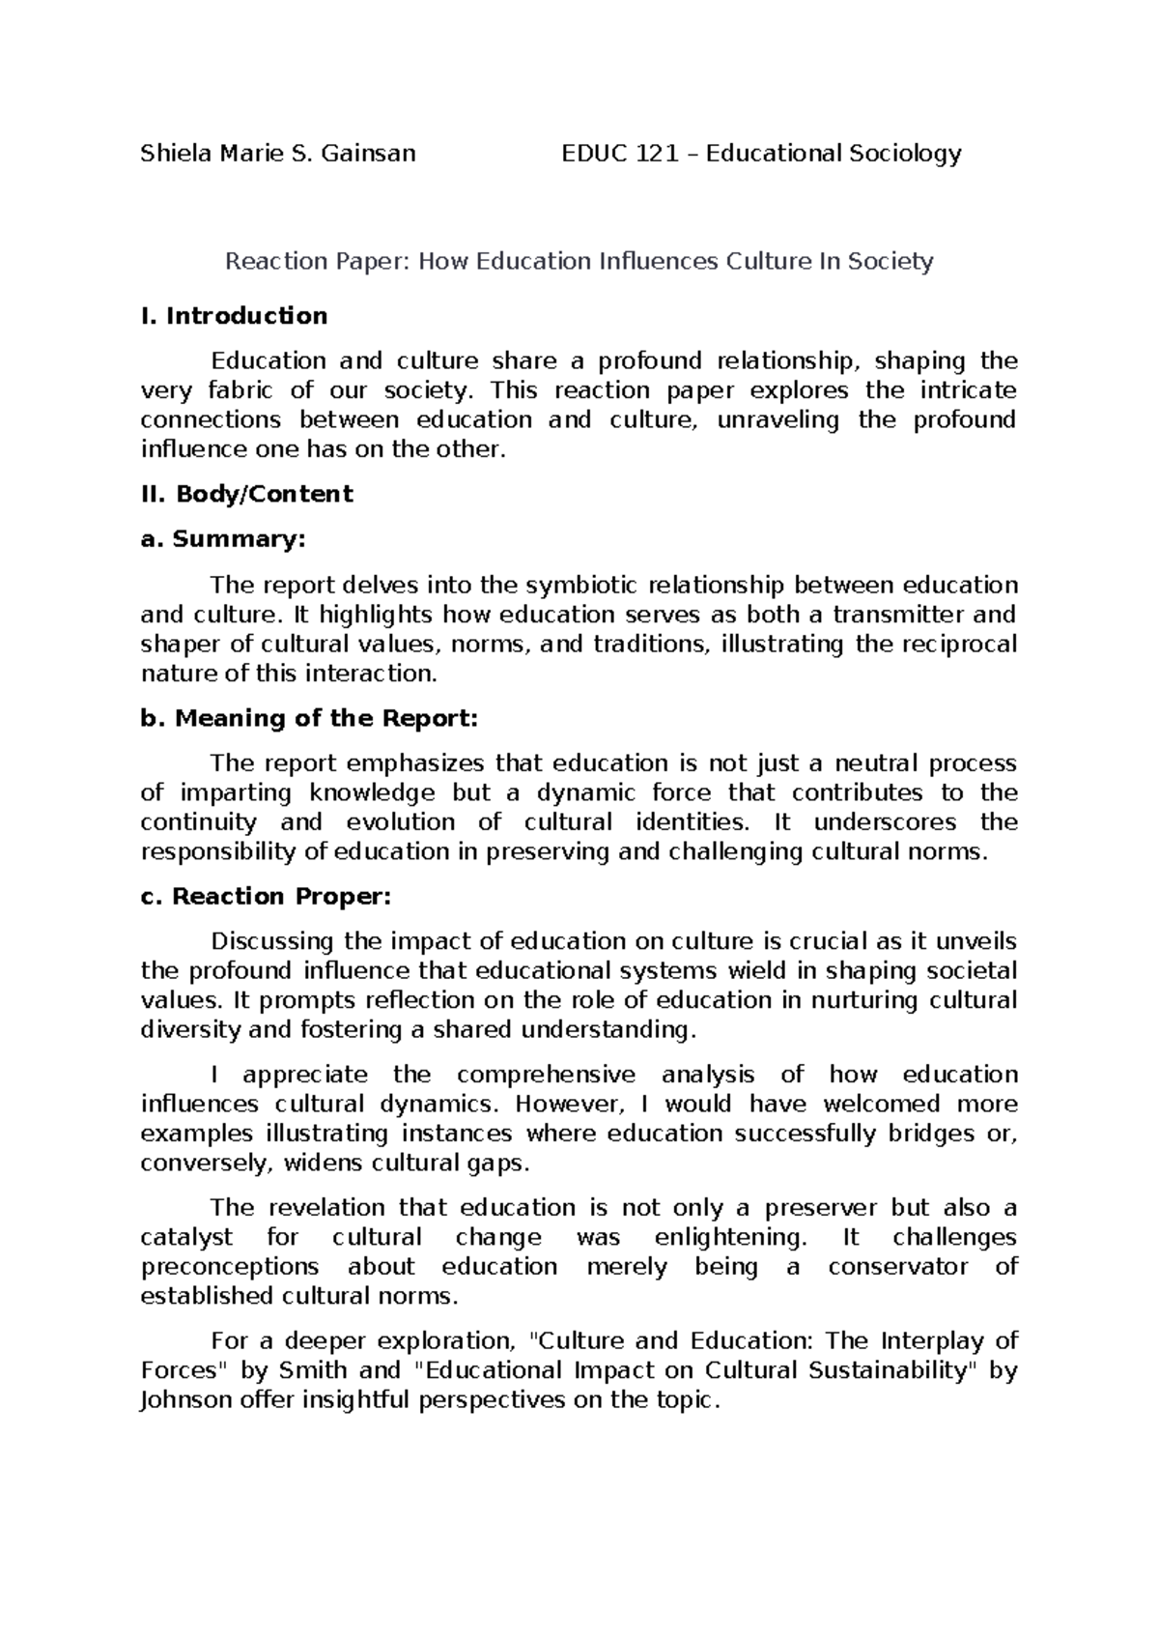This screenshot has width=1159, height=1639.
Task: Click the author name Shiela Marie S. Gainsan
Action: pos(278,153)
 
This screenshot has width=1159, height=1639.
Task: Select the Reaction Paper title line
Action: pos(579,261)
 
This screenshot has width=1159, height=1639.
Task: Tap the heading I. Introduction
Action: pos(234,316)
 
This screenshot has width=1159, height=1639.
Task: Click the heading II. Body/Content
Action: pos(246,494)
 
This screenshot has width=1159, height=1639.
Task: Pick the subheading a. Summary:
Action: pos(222,539)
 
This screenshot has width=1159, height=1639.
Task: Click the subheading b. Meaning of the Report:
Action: pos(309,718)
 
